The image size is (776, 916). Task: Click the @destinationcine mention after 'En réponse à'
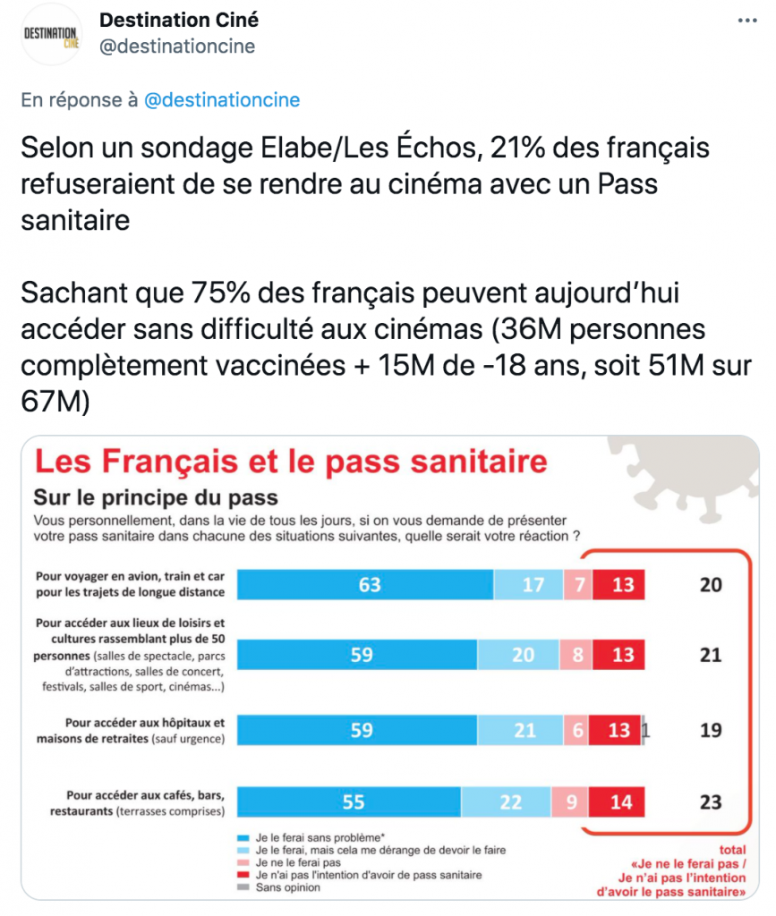click(x=222, y=100)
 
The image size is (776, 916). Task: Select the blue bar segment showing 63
click(x=369, y=585)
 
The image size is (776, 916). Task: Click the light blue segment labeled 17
click(x=532, y=585)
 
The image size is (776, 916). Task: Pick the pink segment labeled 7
click(x=577, y=585)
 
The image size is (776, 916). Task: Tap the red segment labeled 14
click(x=620, y=801)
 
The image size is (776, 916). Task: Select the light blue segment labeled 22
click(x=508, y=801)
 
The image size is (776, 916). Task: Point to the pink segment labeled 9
click(x=571, y=801)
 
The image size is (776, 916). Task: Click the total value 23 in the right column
click(x=710, y=801)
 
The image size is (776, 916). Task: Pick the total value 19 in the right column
click(x=710, y=730)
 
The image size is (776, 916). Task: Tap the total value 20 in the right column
click(x=710, y=585)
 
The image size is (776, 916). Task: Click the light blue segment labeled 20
click(x=523, y=655)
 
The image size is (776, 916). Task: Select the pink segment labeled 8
click(x=577, y=655)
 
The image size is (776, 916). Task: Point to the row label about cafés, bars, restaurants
click(x=143, y=802)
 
